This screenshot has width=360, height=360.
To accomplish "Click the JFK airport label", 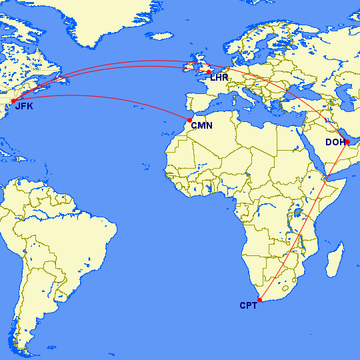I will click(x=24, y=106).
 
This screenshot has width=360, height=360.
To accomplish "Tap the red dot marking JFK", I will click(x=13, y=101).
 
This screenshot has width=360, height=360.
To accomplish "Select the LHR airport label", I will click(x=219, y=77).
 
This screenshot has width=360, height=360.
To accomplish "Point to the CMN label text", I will click(x=201, y=125).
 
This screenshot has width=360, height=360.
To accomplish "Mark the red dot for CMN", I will click(x=190, y=120).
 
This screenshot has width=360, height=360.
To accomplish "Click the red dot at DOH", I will click(x=347, y=141).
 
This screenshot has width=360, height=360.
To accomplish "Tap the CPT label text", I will click(x=248, y=306).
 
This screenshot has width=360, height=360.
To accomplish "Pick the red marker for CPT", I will click(x=259, y=300).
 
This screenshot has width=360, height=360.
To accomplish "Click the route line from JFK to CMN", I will click(x=100, y=96).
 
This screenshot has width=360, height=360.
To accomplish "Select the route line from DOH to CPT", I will click(x=303, y=221).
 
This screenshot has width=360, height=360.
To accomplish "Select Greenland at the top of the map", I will click(x=100, y=20).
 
